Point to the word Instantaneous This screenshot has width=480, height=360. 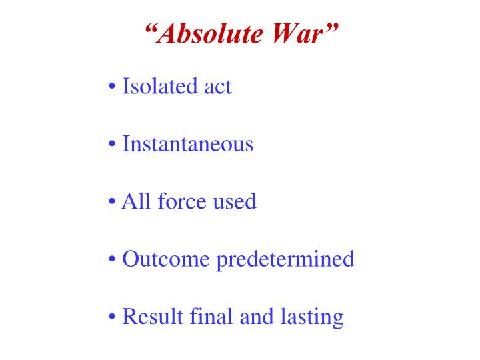click(188, 144)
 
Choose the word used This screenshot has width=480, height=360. click(234, 201)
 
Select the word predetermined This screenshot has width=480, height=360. click(285, 259)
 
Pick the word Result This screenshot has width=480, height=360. click(152, 316)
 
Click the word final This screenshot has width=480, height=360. click(211, 316)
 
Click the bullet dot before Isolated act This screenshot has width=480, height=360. click(111, 87)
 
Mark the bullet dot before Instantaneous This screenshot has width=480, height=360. click(111, 145)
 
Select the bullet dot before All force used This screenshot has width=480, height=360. click(111, 202)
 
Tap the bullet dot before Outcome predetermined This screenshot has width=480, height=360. click(111, 259)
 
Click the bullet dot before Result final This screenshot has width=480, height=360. click(111, 317)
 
